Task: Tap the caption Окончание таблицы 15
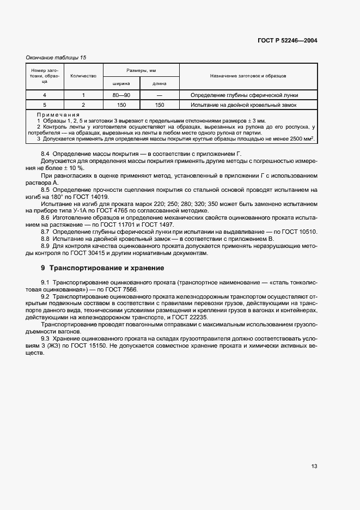[56, 57]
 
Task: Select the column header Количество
[83, 76]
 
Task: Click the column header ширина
[121, 83]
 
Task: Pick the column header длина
[159, 83]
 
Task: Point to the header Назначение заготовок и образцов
[247, 76]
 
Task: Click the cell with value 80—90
[121, 95]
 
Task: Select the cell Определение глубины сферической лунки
[240, 95]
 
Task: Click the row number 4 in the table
[45, 95]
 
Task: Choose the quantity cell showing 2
[83, 105]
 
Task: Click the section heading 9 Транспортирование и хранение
[102, 268]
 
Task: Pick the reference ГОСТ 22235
[198, 317]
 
